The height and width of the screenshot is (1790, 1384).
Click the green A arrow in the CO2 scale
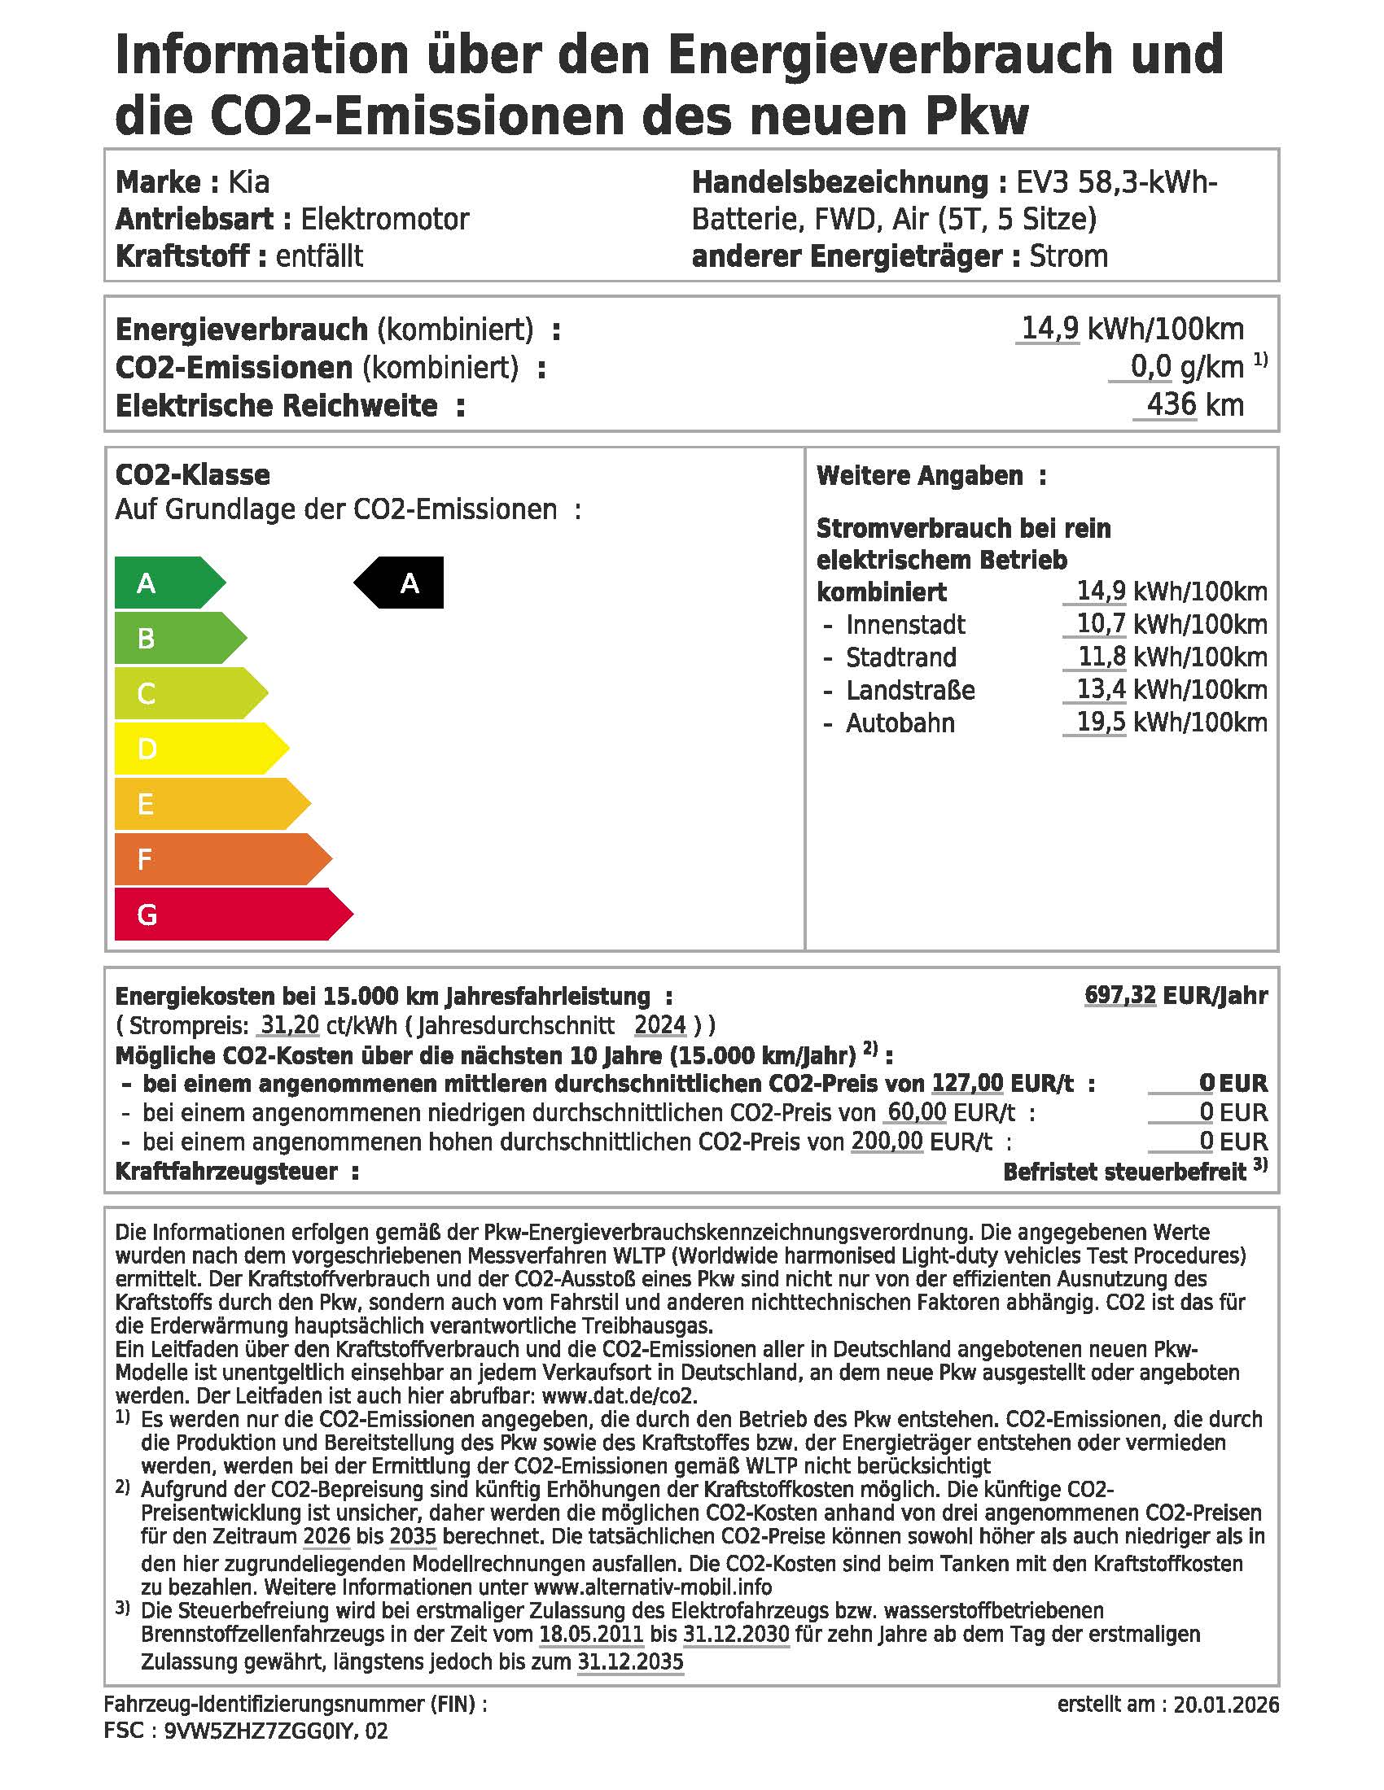pyautogui.click(x=164, y=583)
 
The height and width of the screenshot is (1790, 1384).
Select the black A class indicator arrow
pyautogui.click(x=401, y=583)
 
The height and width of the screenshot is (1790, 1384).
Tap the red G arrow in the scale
pyautogui.click(x=221, y=914)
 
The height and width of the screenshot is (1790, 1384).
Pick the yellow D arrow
pyautogui.click(x=193, y=749)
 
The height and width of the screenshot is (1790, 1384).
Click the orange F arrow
pyautogui.click(x=213, y=859)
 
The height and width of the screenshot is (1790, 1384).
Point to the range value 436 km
pyautogui.click(x=1193, y=405)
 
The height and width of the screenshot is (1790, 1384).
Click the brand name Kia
pyautogui.click(x=248, y=182)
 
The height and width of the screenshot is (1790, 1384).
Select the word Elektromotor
pyautogui.click(x=384, y=219)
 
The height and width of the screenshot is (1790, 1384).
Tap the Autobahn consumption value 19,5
pyautogui.click(x=1101, y=722)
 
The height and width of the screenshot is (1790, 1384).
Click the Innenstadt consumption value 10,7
pyautogui.click(x=1101, y=624)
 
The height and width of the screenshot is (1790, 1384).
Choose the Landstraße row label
pyautogui.click(x=910, y=690)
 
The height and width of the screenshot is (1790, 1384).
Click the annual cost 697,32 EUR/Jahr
pyautogui.click(x=1175, y=995)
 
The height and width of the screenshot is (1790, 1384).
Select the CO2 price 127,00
pyautogui.click(x=967, y=1083)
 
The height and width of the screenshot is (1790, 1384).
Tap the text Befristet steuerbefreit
pyautogui.click(x=1124, y=1171)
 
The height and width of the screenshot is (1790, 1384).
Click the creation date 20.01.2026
pyautogui.click(x=1226, y=1705)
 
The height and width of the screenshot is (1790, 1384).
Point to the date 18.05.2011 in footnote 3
pyautogui.click(x=590, y=1635)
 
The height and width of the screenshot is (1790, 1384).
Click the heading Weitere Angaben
pyautogui.click(x=919, y=475)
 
